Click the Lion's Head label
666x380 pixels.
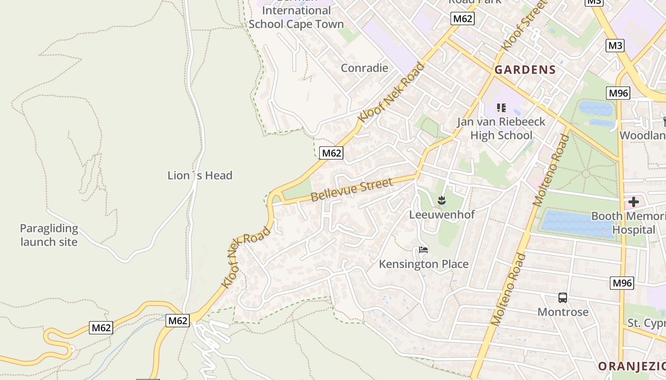click(200, 175)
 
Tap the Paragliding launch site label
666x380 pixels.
click(49, 235)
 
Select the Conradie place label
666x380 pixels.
click(364, 68)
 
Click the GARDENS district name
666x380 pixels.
click(525, 70)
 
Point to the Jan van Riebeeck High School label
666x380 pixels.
click(501, 128)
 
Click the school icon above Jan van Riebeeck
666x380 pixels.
click(501, 108)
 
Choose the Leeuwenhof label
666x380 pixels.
click(442, 214)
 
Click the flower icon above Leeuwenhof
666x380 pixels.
click(442, 200)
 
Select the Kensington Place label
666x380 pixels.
click(423, 264)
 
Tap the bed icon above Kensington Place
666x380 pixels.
click(423, 249)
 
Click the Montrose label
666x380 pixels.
click(563, 312)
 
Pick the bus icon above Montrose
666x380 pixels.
click(563, 298)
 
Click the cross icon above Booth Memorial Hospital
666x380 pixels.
click(633, 202)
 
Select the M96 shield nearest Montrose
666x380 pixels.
click(622, 283)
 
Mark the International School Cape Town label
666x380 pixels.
click(296, 17)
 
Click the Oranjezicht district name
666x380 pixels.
click(632, 366)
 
